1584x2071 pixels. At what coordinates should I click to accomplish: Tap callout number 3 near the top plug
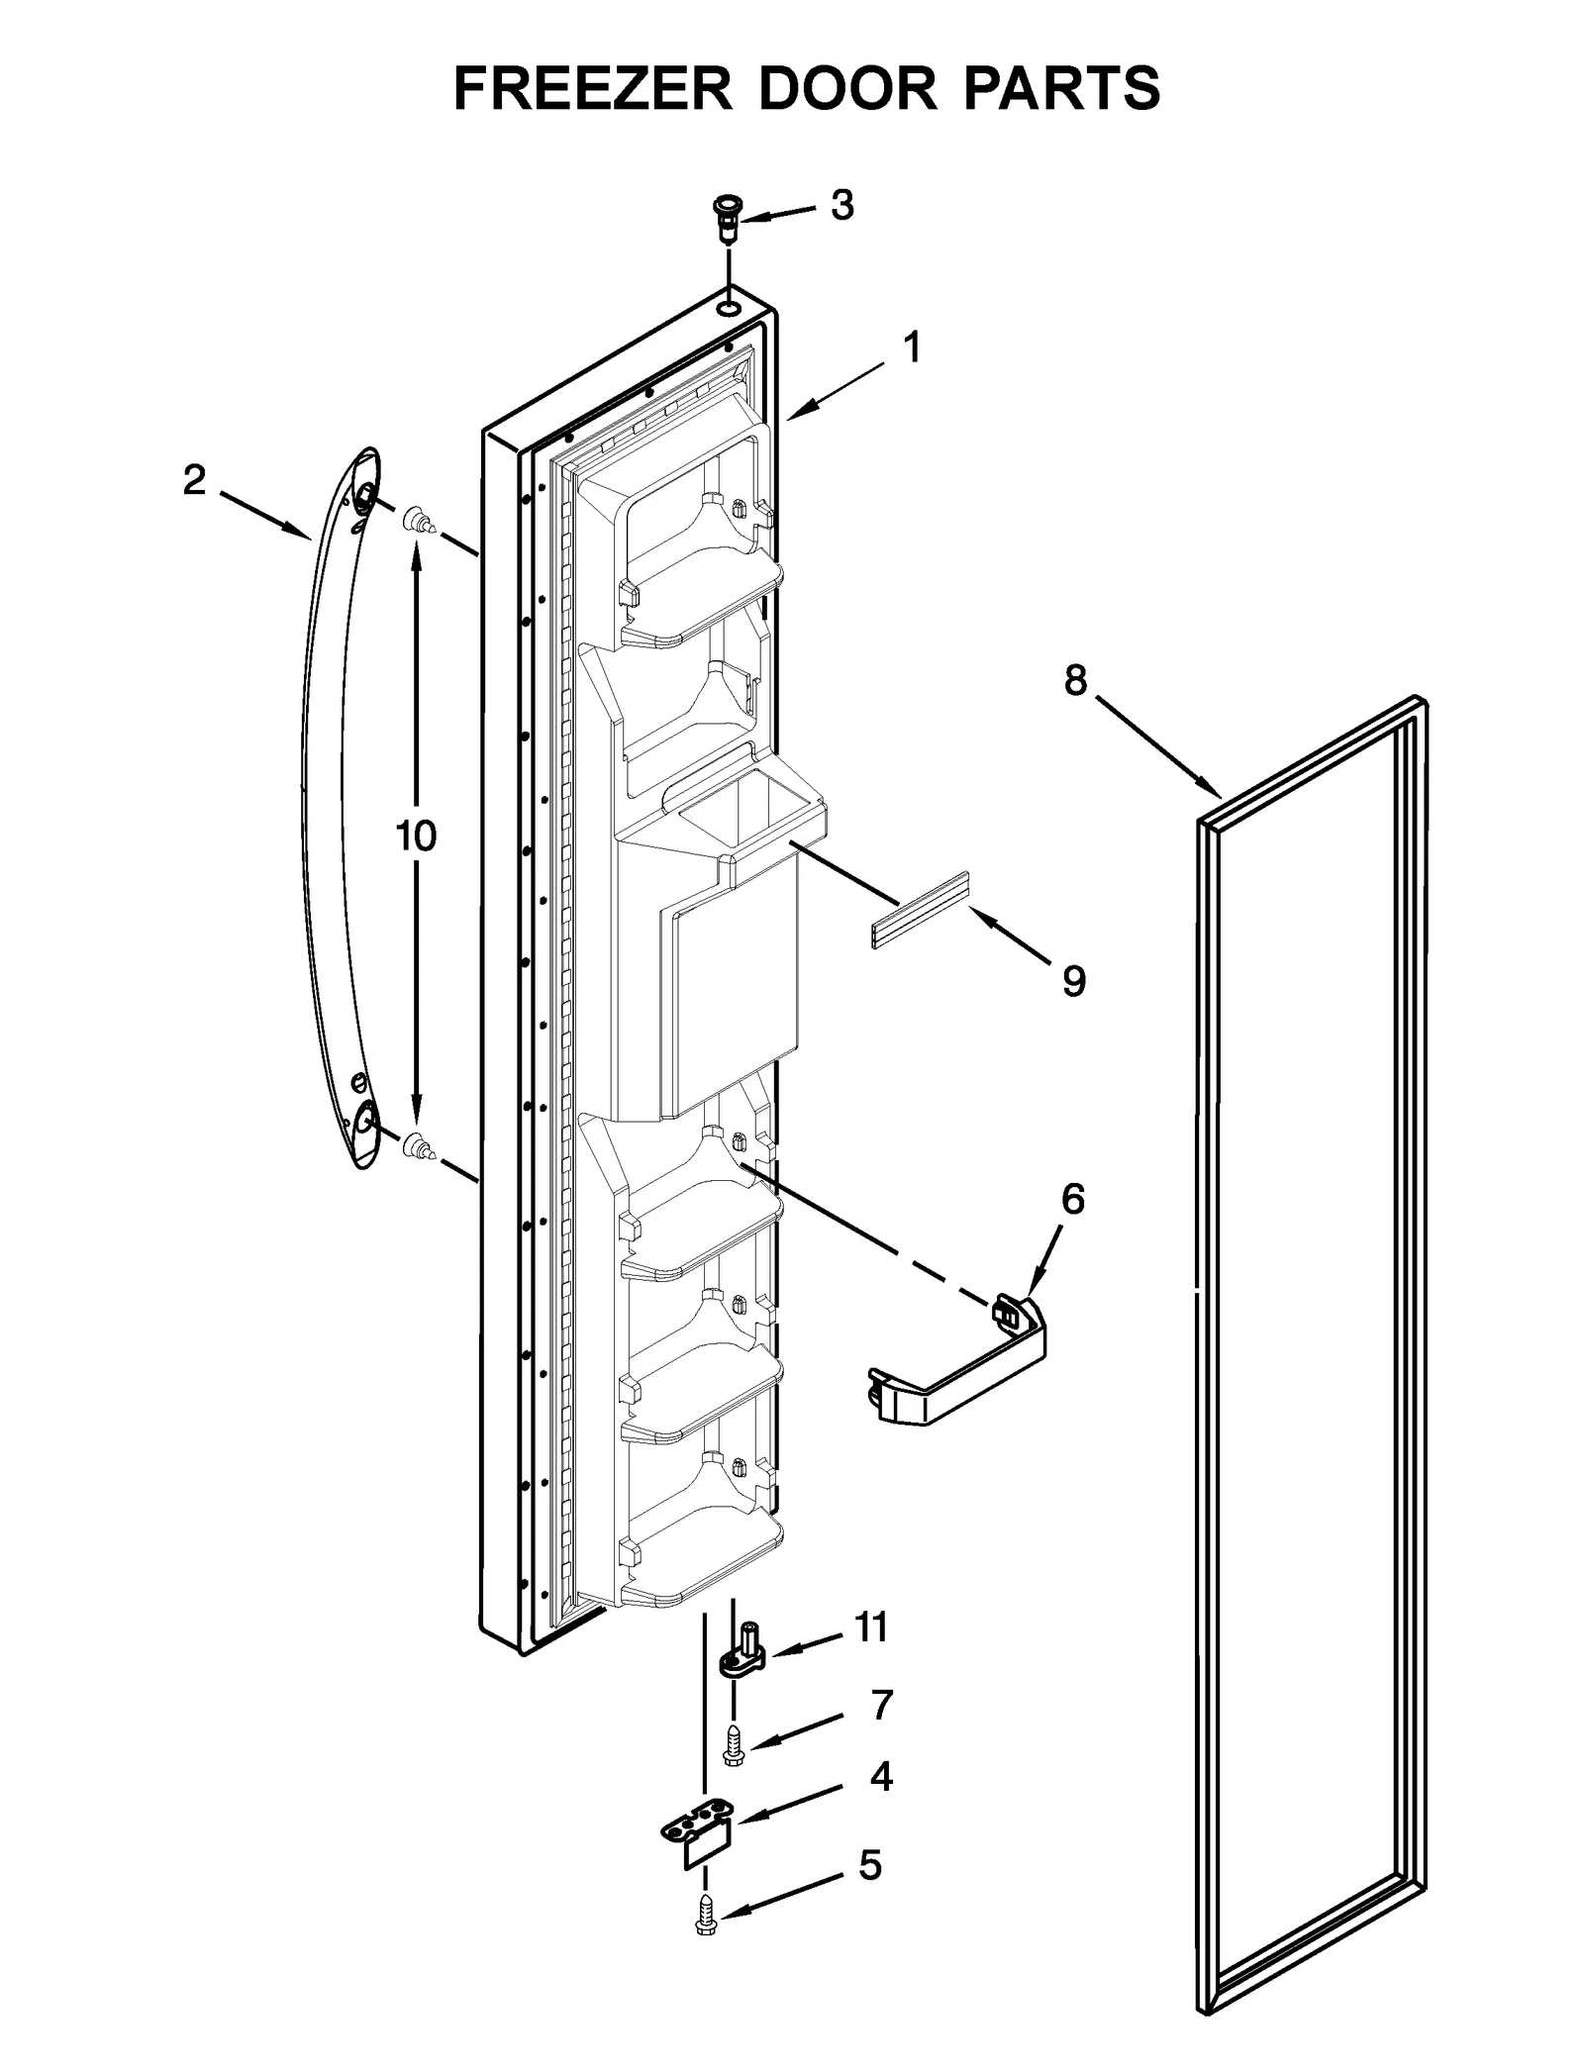click(841, 206)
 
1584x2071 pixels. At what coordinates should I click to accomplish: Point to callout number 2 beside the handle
click(194, 480)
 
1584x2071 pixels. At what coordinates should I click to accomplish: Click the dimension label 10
click(416, 837)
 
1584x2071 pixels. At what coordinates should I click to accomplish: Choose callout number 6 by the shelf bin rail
click(1073, 1200)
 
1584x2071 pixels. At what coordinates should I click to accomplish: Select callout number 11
click(871, 1627)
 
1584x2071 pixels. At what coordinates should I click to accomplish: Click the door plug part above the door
click(729, 219)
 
